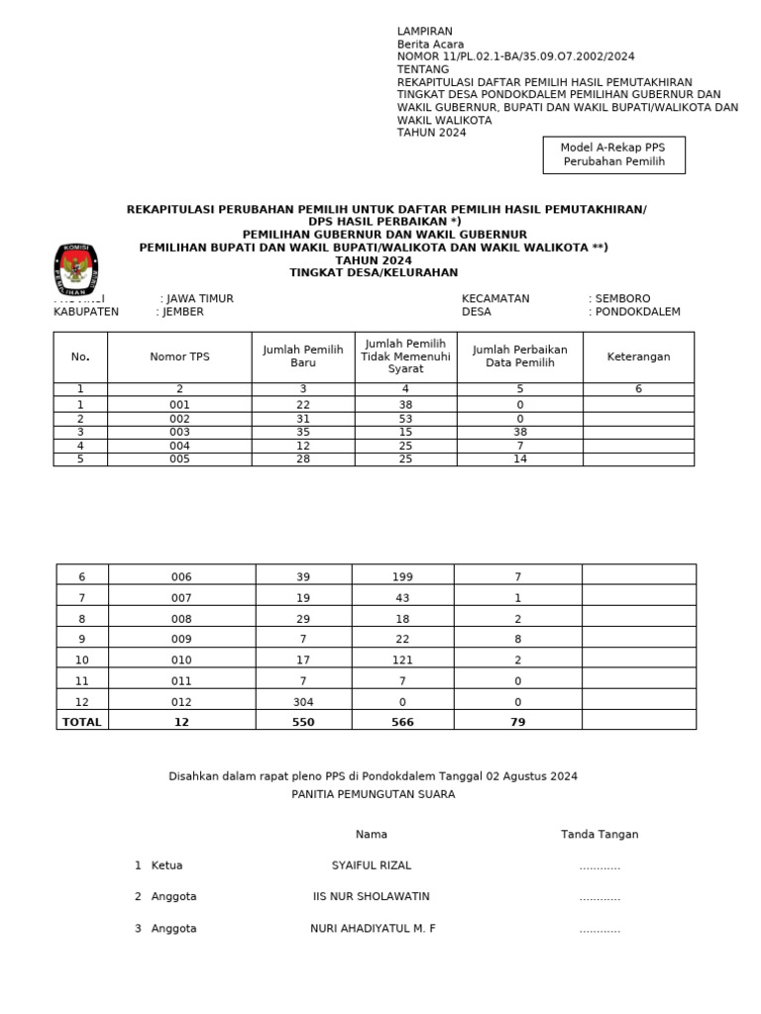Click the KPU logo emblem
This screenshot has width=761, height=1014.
pos(75,268)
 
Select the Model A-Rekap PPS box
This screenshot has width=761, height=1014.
pos(614,153)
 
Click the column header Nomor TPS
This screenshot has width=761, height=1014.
pos(180,356)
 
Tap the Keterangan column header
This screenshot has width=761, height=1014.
pos(638,356)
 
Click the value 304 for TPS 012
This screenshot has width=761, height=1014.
pos(303,701)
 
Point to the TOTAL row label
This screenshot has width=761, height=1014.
pos(81,722)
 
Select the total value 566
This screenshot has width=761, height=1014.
pos(402,722)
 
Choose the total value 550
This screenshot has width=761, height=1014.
pos(303,722)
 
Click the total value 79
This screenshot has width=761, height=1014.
pos(518,722)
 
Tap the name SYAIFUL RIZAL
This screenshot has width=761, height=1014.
pos(371,865)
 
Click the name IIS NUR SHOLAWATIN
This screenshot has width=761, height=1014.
pos(371,896)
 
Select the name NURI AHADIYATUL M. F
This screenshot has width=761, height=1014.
pos(373,929)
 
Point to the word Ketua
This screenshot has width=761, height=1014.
pos(166,865)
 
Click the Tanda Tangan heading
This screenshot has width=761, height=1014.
pos(599,834)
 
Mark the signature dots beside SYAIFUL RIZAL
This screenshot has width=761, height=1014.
pos(599,866)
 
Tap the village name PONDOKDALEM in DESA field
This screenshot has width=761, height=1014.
pos(638,312)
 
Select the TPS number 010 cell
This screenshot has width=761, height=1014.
pos(181,659)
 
